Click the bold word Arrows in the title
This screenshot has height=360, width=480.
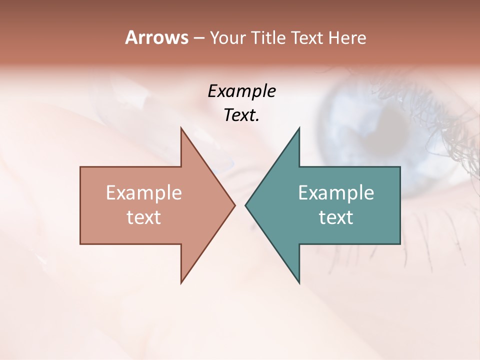coord(156,37)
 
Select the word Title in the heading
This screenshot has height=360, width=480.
coord(268,38)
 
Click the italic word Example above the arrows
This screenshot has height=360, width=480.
coord(241,91)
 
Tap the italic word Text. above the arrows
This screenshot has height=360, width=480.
coord(241,115)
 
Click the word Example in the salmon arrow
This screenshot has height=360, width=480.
coord(144,193)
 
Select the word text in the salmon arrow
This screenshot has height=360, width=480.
coord(144,217)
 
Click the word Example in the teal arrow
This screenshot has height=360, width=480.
coord(336,193)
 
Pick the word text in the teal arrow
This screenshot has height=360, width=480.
coord(336,217)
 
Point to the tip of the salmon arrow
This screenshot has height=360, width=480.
coord(234,205)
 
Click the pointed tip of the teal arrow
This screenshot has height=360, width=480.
coord(245,205)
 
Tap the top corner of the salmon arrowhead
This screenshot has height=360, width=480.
coord(181,128)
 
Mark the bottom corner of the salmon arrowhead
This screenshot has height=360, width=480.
coord(181,283)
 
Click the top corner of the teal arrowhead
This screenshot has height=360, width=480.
coord(299,128)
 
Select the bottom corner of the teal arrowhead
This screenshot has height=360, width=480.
coord(299,283)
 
